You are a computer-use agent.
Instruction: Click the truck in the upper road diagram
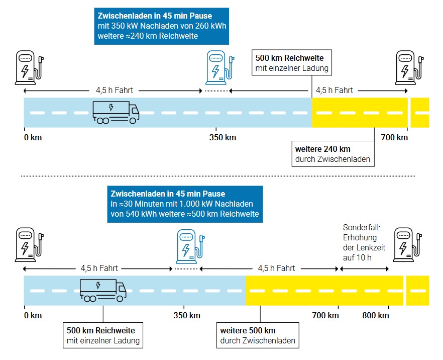pyautogui.click(x=116, y=113)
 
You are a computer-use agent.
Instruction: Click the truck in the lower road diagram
pyautogui.click(x=103, y=291)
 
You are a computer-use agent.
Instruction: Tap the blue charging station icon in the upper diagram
pyautogui.click(x=219, y=67)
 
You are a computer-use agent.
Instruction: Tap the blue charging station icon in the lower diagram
pyautogui.click(x=190, y=246)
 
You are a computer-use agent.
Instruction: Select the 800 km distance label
pyautogui.click(x=376, y=315)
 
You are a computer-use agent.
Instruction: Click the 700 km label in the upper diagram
pyautogui.click(x=394, y=137)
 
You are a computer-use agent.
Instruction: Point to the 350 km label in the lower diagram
pyautogui.click(x=187, y=315)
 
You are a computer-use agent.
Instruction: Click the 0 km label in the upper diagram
pyautogui.click(x=33, y=137)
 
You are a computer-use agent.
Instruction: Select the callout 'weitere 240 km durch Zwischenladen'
pyautogui.click(x=333, y=154)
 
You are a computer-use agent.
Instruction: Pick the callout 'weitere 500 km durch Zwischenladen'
pyautogui.click(x=258, y=335)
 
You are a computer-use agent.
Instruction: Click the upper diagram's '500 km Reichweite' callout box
pyautogui.click(x=291, y=63)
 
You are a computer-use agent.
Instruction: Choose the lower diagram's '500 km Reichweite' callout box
pyautogui.click(x=103, y=335)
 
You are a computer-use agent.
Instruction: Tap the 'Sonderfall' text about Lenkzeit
pyautogui.click(x=364, y=242)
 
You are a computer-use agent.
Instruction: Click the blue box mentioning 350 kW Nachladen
pyautogui.click(x=162, y=26)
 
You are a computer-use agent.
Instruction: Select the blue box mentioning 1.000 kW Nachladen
pyautogui.click(x=185, y=204)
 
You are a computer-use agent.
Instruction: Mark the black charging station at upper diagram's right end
pyautogui.click(x=409, y=67)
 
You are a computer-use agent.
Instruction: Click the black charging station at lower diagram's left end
pyautogui.click(x=29, y=245)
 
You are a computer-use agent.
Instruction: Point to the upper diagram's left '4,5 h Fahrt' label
pyautogui.click(x=114, y=91)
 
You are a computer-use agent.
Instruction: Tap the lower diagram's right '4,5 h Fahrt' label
pyautogui.click(x=276, y=268)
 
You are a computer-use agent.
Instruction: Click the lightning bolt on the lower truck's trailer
pyautogui.click(x=98, y=285)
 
